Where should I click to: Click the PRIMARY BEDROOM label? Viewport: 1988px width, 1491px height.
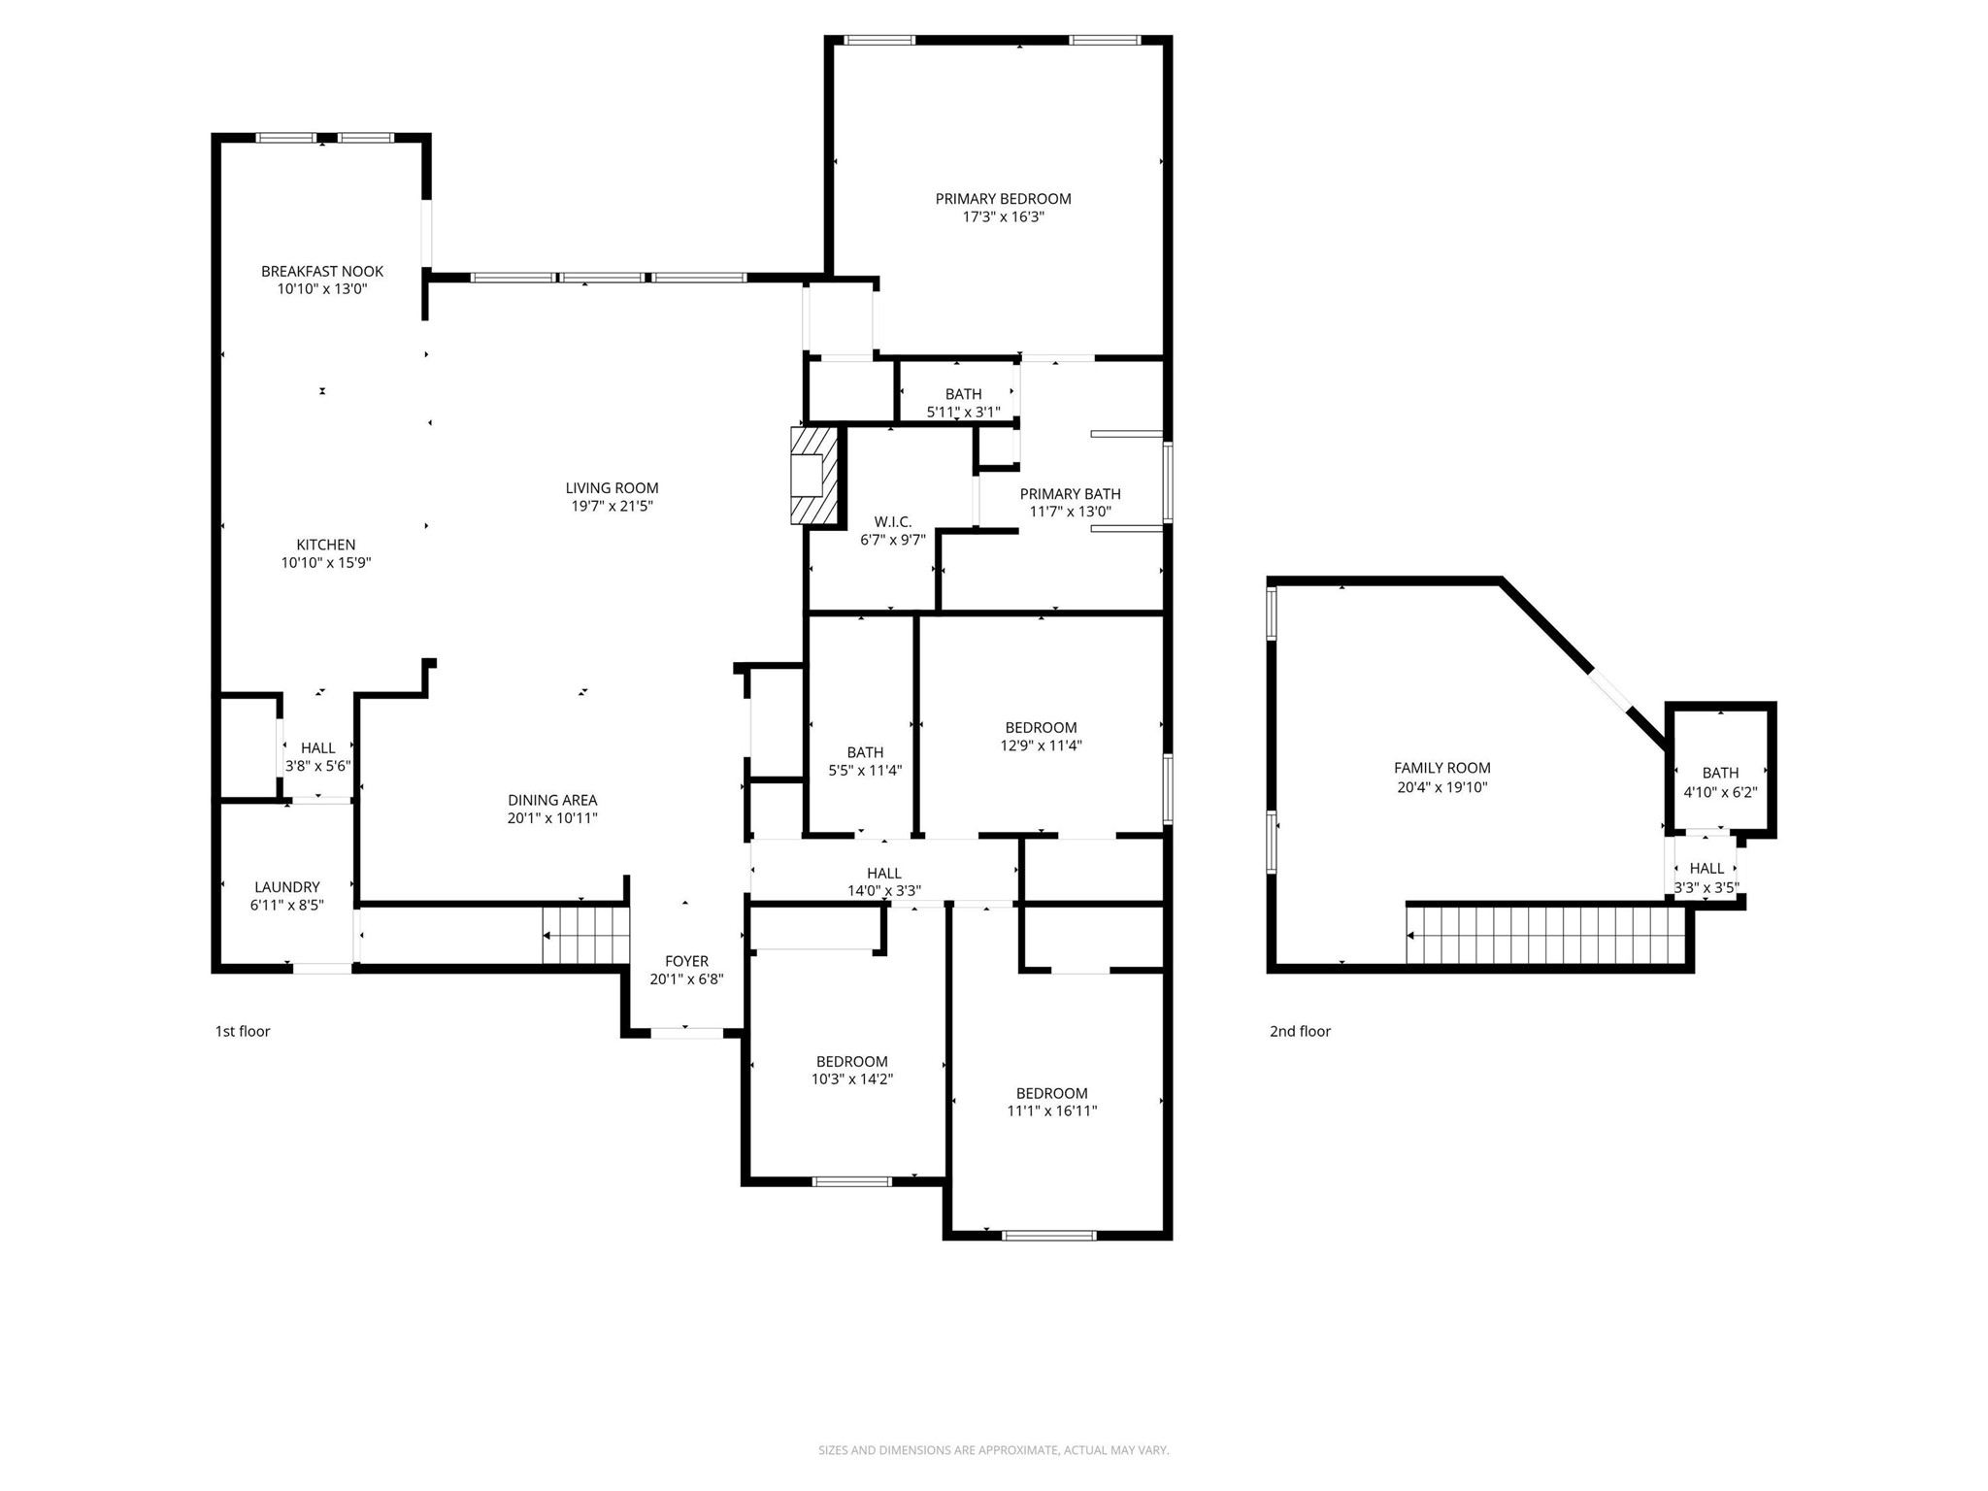pyautogui.click(x=1003, y=199)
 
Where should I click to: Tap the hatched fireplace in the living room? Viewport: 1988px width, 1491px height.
pyautogui.click(x=813, y=476)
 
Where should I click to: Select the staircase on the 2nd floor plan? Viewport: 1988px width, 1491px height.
pyautogui.click(x=1545, y=935)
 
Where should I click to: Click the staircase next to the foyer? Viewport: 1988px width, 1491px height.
pyautogui.click(x=585, y=935)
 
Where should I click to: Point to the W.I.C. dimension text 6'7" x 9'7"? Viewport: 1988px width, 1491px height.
pyautogui.click(x=892, y=540)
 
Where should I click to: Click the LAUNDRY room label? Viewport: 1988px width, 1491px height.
pyautogui.click(x=286, y=886)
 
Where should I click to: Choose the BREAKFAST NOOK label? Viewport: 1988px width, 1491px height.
pyautogui.click(x=322, y=272)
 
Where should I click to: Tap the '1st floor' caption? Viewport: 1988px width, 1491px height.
pyautogui.click(x=243, y=1031)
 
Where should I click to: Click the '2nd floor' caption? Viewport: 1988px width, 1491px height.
pyautogui.click(x=1300, y=1031)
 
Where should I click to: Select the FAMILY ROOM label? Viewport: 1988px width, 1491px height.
pyautogui.click(x=1441, y=768)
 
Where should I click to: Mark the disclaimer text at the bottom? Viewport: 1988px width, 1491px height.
pyautogui.click(x=993, y=1450)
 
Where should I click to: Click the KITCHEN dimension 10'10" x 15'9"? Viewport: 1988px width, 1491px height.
pyautogui.click(x=326, y=562)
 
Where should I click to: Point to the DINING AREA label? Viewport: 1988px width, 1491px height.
pyautogui.click(x=552, y=800)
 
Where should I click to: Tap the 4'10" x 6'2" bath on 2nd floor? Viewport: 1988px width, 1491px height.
pyautogui.click(x=1720, y=782)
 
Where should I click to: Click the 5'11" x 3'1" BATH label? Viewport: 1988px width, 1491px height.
pyautogui.click(x=963, y=394)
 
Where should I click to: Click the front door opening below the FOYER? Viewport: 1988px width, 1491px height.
pyautogui.click(x=686, y=1033)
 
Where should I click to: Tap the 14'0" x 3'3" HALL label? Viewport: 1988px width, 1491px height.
pyautogui.click(x=883, y=873)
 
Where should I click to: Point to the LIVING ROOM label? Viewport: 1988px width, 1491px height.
pyautogui.click(x=612, y=488)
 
